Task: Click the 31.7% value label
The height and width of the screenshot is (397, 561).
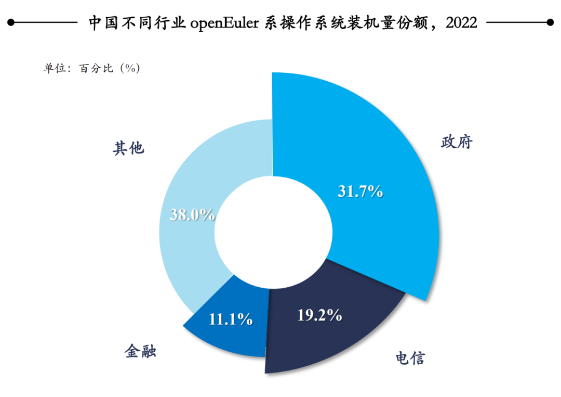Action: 360,191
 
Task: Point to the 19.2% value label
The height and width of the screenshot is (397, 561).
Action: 319,315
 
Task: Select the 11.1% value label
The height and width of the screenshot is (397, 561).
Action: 231,319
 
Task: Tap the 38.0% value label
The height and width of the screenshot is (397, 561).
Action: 192,214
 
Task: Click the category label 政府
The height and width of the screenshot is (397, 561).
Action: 457,142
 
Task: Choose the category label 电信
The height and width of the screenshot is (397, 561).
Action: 410,358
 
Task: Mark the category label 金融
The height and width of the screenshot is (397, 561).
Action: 140,351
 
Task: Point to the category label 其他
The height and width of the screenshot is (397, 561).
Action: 128,148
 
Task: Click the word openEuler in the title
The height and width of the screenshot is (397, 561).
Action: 224,23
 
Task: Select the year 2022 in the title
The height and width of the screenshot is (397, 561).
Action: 462,22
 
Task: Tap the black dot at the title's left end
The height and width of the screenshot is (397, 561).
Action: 11,22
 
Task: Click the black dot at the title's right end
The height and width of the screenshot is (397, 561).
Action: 550,22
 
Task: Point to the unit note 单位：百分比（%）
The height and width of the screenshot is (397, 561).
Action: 91,68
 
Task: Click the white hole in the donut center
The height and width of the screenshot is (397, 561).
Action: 273,232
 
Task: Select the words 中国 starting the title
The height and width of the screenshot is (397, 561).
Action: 103,22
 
